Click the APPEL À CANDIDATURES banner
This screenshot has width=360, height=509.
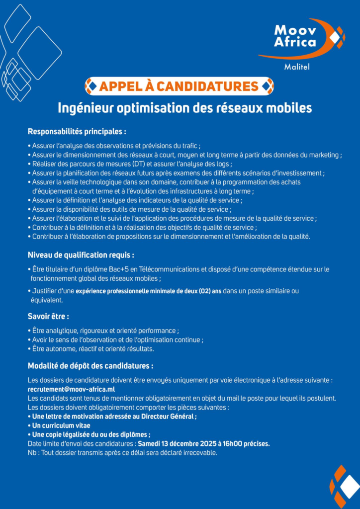click(179, 86)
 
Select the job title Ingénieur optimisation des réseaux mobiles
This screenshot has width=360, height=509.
click(184, 108)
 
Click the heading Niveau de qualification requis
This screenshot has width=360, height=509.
click(81, 255)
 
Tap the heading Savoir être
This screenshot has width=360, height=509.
click(48, 316)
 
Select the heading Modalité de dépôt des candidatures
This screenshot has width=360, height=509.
click(90, 366)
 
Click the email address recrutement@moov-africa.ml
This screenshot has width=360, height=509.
click(72, 389)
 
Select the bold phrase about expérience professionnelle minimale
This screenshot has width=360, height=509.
click(149, 291)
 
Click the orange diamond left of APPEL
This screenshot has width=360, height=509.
click(91, 86)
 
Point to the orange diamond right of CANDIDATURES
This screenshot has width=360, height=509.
click(268, 86)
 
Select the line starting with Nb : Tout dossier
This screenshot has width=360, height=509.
click(122, 453)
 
